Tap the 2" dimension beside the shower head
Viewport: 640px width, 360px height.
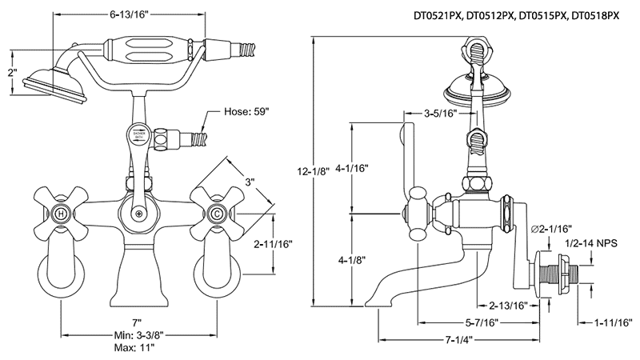(10, 73)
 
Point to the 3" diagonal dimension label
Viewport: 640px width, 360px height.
(250, 182)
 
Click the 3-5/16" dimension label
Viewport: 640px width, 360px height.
(440, 114)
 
